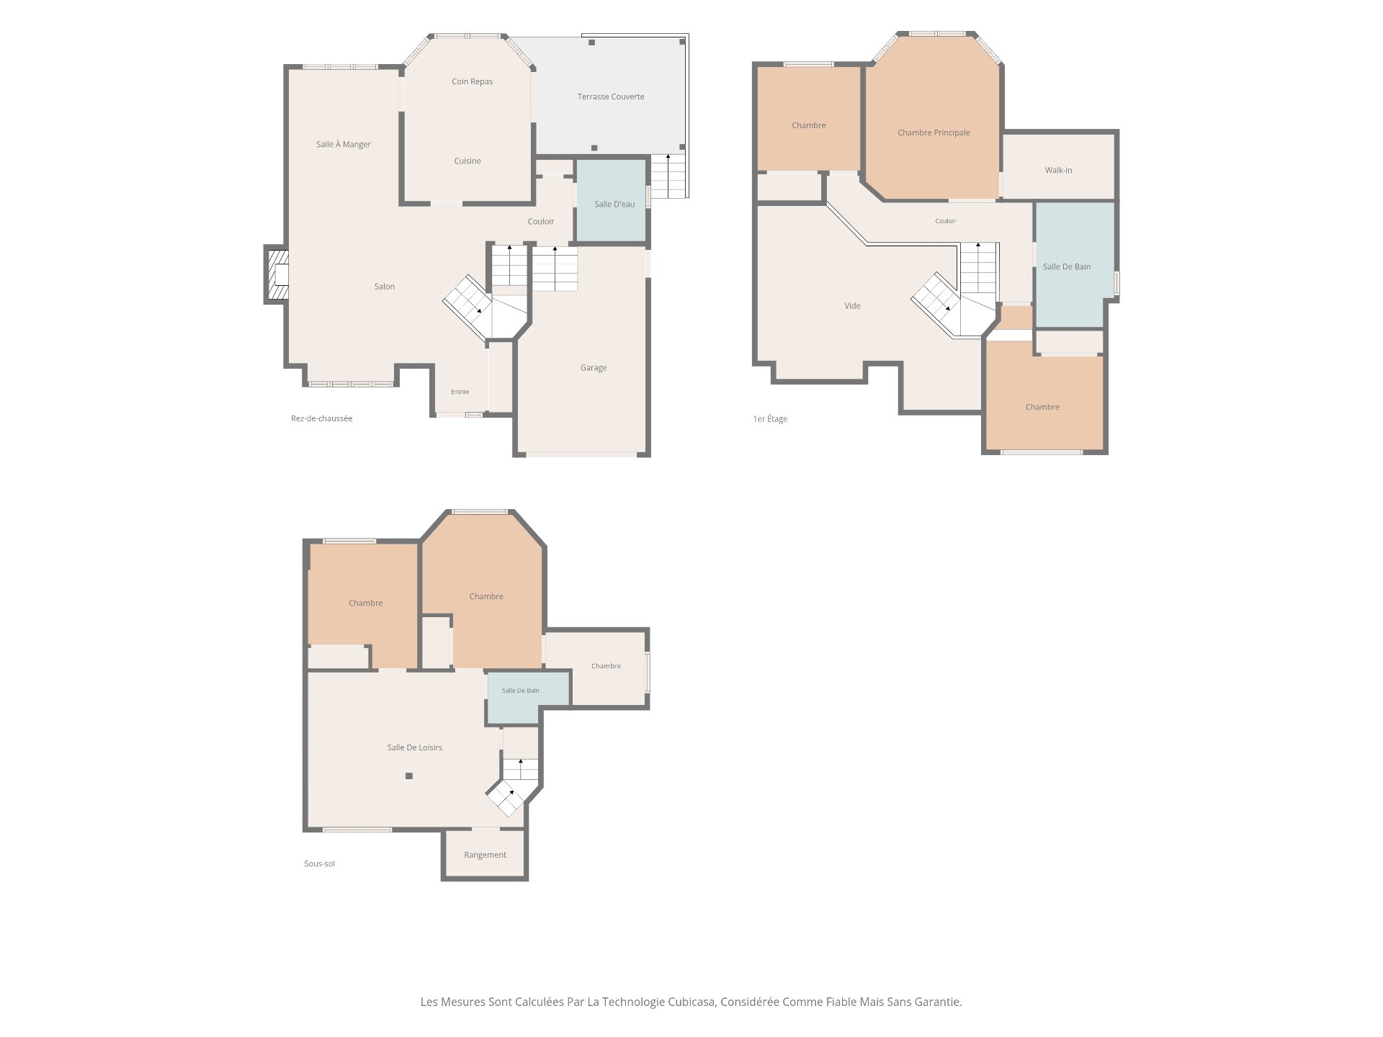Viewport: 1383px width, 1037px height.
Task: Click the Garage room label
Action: click(594, 368)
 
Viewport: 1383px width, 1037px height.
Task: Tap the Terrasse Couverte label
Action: click(611, 96)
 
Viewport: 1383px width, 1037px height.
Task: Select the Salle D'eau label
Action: click(614, 205)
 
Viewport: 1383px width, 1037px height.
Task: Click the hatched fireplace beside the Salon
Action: click(277, 275)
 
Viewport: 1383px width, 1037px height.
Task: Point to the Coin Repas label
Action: click(473, 81)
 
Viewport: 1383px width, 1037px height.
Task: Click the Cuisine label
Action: click(467, 161)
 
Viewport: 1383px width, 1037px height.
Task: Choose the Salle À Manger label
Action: click(344, 145)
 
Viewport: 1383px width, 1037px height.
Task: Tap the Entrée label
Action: click(460, 392)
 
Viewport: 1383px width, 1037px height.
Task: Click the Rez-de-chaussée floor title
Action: click(322, 418)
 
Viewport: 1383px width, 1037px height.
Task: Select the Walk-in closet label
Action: click(1059, 171)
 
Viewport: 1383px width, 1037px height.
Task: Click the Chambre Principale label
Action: click(934, 133)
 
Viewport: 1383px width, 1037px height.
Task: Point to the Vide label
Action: click(853, 306)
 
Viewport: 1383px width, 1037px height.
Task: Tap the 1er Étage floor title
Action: click(770, 419)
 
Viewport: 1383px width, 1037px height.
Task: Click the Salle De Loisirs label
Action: click(415, 748)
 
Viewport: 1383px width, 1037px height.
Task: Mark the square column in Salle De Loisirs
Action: click(409, 776)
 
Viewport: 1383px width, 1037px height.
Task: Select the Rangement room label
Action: click(485, 855)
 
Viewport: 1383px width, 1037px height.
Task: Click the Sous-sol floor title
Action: click(319, 863)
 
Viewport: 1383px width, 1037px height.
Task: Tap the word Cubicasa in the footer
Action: click(691, 1002)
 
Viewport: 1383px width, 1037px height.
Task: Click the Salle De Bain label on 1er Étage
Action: click(1067, 267)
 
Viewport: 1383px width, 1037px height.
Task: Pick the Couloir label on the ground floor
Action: click(541, 222)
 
